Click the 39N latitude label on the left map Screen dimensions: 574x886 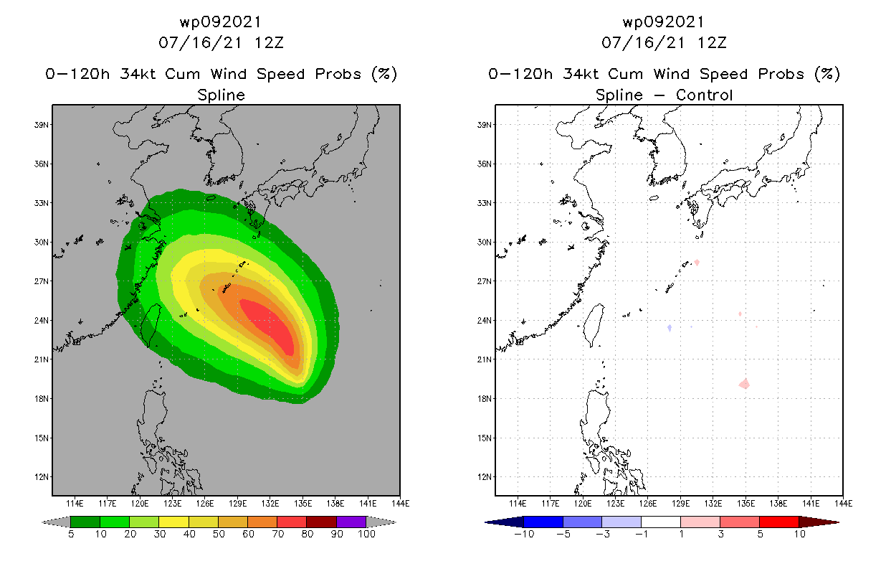pos(41,125)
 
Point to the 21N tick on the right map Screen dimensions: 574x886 pos(485,359)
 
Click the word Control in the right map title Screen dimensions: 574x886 pos(706,95)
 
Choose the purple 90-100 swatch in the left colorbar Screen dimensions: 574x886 pos(351,522)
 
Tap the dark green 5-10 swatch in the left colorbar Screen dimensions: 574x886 pos(85,522)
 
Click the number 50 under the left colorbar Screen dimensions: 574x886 pos(217,535)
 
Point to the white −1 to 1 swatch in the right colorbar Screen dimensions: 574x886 pos(660,522)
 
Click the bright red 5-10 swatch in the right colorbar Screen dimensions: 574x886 pos(778,522)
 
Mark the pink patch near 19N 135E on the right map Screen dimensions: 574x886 pos(745,385)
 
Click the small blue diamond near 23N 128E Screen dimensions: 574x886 pos(669,328)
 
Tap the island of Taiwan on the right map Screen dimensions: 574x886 pos(593,324)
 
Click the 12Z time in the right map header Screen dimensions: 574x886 pos(712,42)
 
